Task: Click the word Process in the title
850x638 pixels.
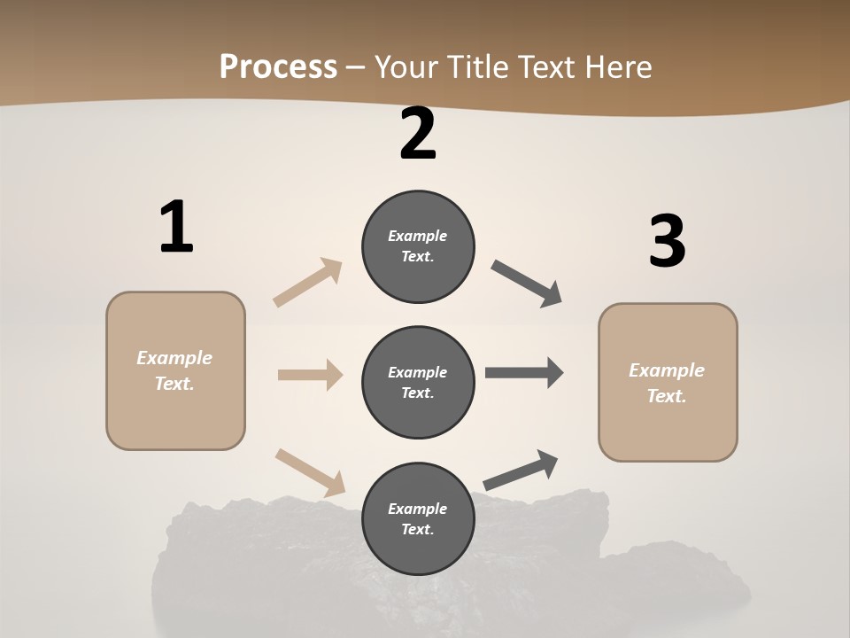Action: (x=278, y=66)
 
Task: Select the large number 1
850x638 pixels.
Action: (x=176, y=227)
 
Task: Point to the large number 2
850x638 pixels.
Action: (x=418, y=134)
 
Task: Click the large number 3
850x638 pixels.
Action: (x=667, y=242)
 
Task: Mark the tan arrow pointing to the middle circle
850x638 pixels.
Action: (x=310, y=375)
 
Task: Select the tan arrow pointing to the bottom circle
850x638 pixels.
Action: (x=310, y=471)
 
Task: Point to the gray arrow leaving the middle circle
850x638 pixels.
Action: (x=524, y=372)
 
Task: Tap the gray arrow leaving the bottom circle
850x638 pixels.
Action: (x=521, y=471)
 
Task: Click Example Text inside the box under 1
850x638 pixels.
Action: (x=174, y=370)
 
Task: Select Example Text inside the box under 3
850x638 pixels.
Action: (x=667, y=383)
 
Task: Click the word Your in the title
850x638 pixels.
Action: (x=406, y=66)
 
